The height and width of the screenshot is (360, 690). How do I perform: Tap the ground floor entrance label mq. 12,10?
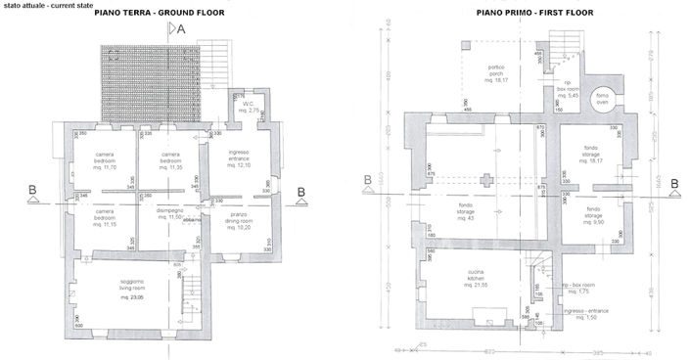coord(239,158)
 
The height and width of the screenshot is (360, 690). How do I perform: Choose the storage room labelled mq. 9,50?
coord(593,215)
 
